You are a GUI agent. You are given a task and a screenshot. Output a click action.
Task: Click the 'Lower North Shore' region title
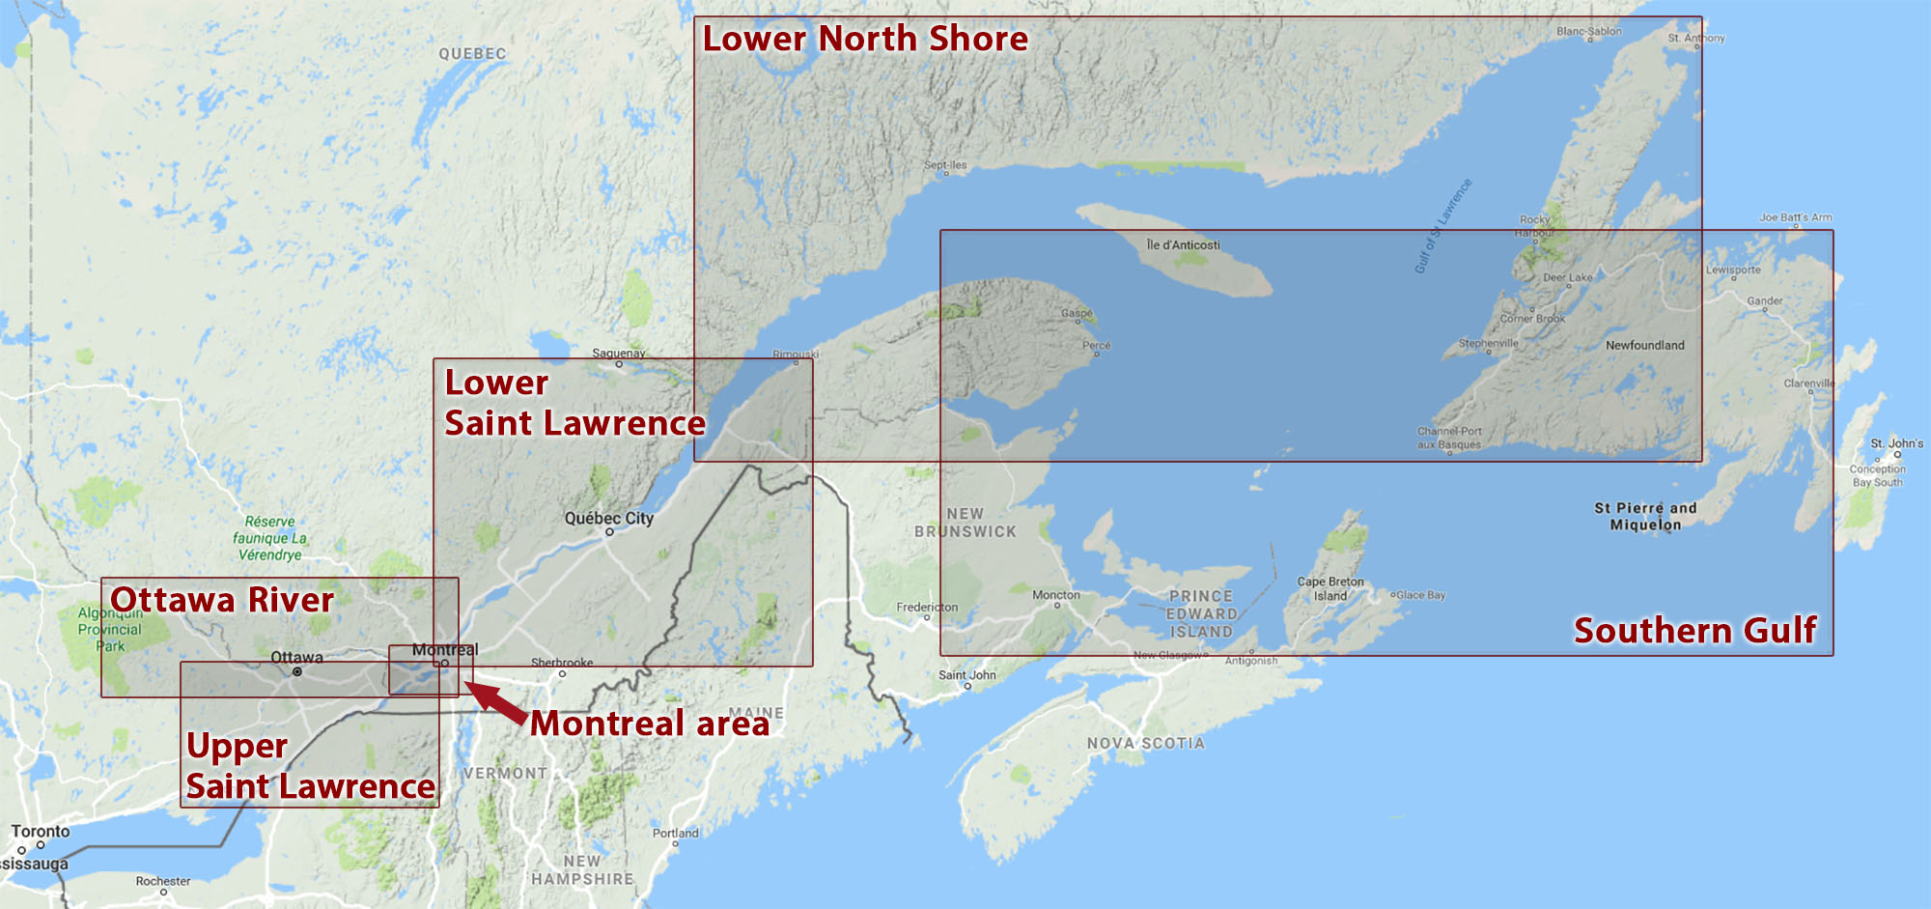pyautogui.click(x=865, y=39)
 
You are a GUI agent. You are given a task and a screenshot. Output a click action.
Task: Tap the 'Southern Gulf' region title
pyautogui.click(x=1695, y=631)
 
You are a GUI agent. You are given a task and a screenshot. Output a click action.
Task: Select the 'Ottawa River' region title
pyautogui.click(x=222, y=600)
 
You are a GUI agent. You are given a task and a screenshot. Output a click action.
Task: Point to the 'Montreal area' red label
pyautogui.click(x=650, y=724)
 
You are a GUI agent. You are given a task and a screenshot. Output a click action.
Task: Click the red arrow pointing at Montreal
pyautogui.click(x=494, y=702)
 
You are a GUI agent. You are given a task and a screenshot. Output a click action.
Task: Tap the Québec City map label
pyautogui.click(x=609, y=519)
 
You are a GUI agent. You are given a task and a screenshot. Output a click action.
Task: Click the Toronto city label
pyautogui.click(x=41, y=832)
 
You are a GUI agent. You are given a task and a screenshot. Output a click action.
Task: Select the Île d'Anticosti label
pyautogui.click(x=1183, y=245)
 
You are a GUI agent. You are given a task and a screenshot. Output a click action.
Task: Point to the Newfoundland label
pyautogui.click(x=1644, y=346)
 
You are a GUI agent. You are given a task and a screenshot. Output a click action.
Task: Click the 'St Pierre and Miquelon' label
pyautogui.click(x=1645, y=517)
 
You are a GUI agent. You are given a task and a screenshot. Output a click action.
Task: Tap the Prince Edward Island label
pyautogui.click(x=1201, y=614)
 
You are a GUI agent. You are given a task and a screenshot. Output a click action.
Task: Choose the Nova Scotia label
pyautogui.click(x=1145, y=744)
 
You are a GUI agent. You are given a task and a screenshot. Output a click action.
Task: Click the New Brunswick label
pyautogui.click(x=965, y=523)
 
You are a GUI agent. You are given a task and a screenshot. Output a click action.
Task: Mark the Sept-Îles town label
pyautogui.click(x=945, y=165)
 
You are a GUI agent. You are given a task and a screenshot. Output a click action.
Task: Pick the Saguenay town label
pyautogui.click(x=619, y=354)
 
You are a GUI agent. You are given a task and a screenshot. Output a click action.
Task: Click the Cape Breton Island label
pyautogui.click(x=1330, y=588)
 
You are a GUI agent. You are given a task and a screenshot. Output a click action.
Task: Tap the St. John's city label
pyautogui.click(x=1896, y=444)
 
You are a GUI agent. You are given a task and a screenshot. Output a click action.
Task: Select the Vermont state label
pyautogui.click(x=505, y=774)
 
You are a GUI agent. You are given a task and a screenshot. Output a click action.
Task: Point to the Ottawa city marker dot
pyautogui.click(x=297, y=671)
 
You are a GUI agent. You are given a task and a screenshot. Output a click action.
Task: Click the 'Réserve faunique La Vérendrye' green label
pyautogui.click(x=270, y=538)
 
